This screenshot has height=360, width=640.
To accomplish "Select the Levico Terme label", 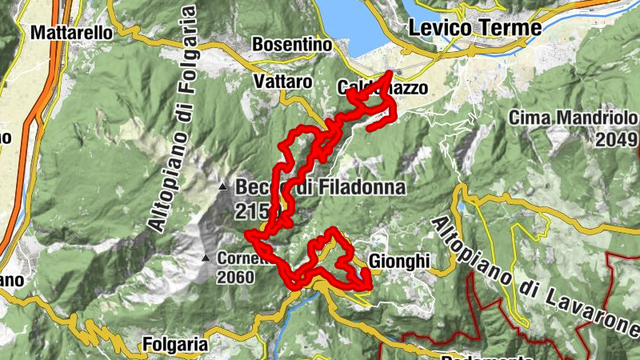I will click(x=474, y=28).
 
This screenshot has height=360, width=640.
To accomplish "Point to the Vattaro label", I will click(x=280, y=82).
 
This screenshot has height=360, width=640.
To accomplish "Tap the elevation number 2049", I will click(x=616, y=140).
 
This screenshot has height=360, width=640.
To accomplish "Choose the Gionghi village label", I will click(x=401, y=261).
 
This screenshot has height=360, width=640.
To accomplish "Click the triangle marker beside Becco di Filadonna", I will click(x=223, y=187).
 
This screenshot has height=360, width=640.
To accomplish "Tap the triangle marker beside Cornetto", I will click(x=206, y=258).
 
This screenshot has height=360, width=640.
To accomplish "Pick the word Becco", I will click(x=256, y=187).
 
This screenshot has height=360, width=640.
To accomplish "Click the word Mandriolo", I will click(x=596, y=119).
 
